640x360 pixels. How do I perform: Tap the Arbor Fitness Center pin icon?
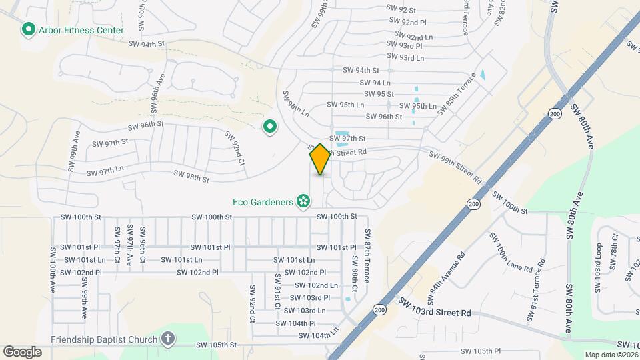pos(29,30)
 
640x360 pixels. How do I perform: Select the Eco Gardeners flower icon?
pos(303,201)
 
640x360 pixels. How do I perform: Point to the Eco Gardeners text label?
pos(263,201)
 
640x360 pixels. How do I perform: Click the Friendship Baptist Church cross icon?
pos(167,339)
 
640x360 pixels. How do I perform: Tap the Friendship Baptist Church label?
pos(103,339)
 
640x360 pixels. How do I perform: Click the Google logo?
pos(22,351)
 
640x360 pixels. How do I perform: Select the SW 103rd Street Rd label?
pos(435,308)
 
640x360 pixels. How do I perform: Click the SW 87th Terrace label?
pos(367,247)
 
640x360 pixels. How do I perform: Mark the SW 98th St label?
pos(191,177)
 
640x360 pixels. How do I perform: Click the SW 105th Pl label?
pos(480,351)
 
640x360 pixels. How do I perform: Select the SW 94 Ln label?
pos(375,83)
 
